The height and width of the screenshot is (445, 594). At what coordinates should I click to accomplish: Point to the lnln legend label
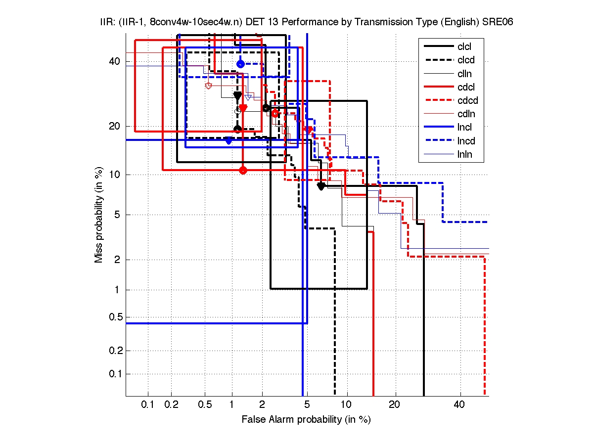coord(465,154)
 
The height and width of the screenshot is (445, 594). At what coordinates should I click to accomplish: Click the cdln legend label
coord(465,114)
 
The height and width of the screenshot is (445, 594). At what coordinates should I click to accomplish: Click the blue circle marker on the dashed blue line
coord(240,64)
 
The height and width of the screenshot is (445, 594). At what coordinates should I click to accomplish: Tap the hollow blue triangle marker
coord(249,96)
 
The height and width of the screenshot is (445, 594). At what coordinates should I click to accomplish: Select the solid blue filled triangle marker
coord(228,141)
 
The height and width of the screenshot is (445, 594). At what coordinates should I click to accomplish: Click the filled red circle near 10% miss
coord(243,170)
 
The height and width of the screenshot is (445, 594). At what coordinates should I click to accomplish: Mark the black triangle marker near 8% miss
coord(321,186)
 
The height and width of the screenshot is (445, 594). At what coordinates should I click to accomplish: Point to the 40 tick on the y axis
coord(114,62)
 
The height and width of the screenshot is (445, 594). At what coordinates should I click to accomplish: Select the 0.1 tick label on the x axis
coord(148,405)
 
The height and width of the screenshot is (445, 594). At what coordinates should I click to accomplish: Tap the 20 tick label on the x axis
coord(394,405)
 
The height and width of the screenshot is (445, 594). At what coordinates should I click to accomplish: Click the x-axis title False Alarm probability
coord(306,420)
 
